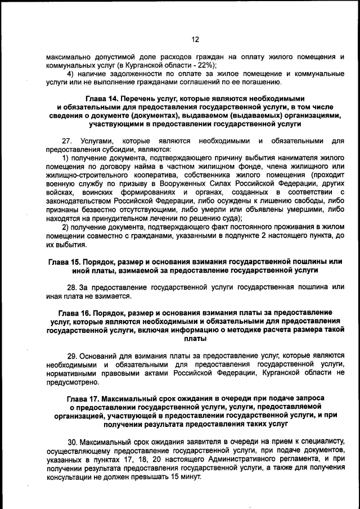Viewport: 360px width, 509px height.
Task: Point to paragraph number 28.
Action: point(73,287)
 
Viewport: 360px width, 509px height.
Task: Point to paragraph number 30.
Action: point(73,442)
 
